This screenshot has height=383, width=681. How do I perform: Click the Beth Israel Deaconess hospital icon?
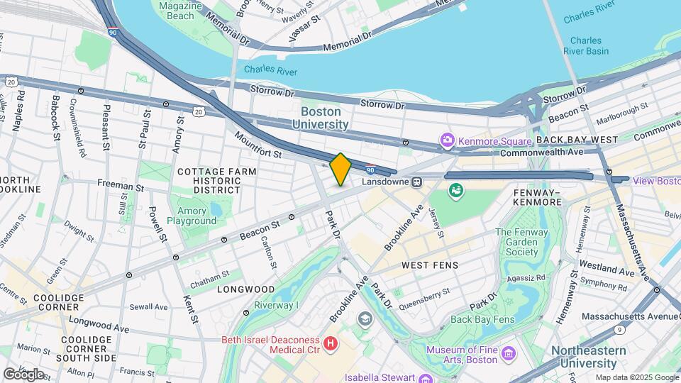click(x=329, y=343)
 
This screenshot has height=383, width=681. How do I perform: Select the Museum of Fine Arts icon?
click(x=508, y=353)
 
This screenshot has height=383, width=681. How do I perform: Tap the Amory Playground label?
click(x=192, y=216)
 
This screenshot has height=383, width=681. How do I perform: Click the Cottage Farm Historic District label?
click(x=208, y=180)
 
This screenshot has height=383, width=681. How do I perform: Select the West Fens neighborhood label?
click(x=430, y=265)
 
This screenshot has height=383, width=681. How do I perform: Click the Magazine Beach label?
click(x=176, y=11)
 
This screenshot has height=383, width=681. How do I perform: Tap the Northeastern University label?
click(x=588, y=357)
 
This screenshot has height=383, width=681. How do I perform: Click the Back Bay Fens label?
click(x=481, y=319)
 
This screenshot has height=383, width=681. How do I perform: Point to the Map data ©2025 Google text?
click(x=636, y=377)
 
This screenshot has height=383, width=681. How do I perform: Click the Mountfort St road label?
click(x=258, y=145)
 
